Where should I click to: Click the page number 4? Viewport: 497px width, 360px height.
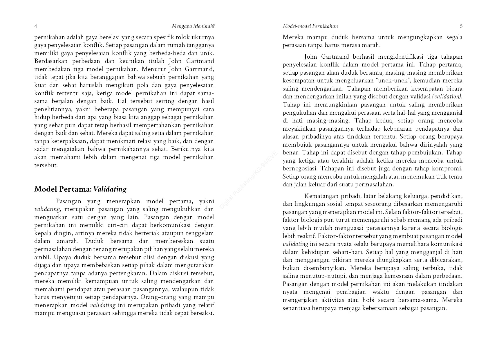(x=36, y=26)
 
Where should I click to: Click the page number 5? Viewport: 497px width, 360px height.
(x=461, y=26)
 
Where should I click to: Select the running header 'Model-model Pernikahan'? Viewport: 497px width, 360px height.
(x=310, y=26)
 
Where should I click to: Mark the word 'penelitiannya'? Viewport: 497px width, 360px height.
(x=53, y=109)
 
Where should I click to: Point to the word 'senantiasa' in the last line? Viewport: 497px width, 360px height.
(x=296, y=308)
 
